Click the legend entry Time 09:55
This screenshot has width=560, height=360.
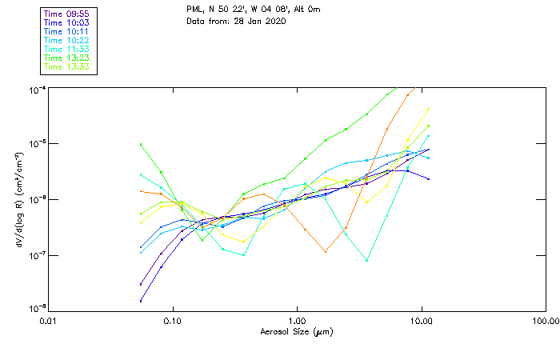(x=68, y=13)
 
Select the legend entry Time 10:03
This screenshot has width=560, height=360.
(x=68, y=22)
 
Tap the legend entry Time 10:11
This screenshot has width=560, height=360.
(x=68, y=30)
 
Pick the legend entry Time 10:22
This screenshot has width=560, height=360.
(x=68, y=40)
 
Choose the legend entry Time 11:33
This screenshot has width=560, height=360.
(x=68, y=49)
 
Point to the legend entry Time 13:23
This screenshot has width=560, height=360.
(x=68, y=58)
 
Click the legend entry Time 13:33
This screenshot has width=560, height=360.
(x=68, y=66)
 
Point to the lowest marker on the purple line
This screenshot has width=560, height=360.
(x=141, y=301)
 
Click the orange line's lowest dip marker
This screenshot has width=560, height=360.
(x=326, y=252)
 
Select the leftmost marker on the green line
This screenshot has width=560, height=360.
(x=141, y=145)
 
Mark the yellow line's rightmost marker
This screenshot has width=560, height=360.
(x=429, y=109)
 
